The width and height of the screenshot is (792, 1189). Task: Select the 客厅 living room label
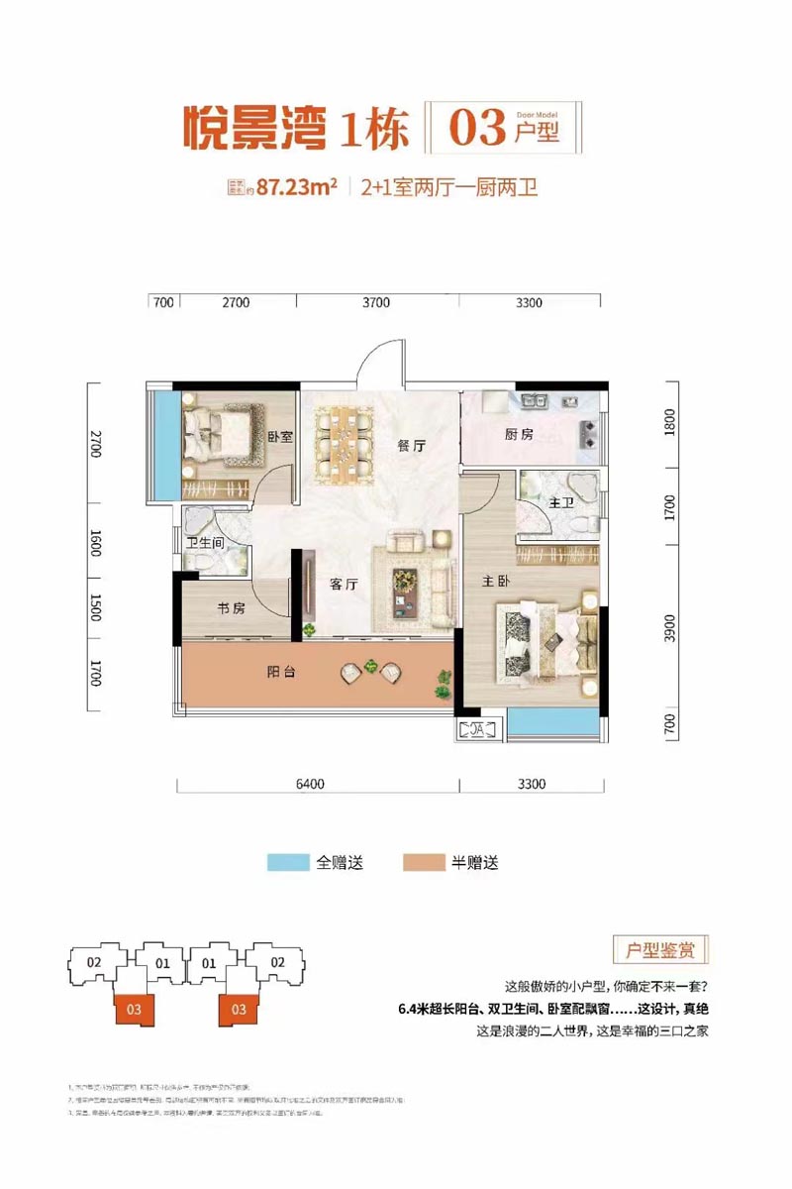tap(344, 585)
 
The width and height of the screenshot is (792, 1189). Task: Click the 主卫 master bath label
tap(561, 503)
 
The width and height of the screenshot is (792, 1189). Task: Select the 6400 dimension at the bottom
tap(310, 785)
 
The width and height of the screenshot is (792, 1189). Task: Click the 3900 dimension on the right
tap(670, 627)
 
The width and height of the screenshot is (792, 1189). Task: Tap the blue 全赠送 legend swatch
tap(288, 862)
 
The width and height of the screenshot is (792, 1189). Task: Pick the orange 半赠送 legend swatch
tap(424, 862)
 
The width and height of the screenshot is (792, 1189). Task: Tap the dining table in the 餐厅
tap(345, 446)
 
